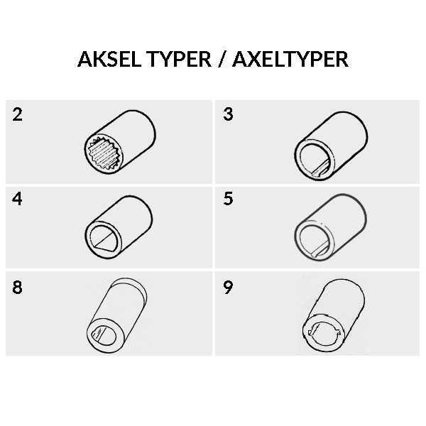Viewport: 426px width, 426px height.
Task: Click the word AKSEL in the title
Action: (x=109, y=59)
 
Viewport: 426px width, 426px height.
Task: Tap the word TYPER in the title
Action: (x=179, y=59)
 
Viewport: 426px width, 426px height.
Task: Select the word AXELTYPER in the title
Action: (x=290, y=59)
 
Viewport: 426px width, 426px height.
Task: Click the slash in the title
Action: (x=222, y=60)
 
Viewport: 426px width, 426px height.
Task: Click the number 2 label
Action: (x=17, y=114)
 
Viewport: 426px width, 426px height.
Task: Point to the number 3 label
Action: (x=228, y=114)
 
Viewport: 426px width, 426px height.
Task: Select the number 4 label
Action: (x=17, y=199)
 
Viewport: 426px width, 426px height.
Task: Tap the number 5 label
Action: (x=228, y=199)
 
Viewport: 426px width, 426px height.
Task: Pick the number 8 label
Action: (x=17, y=287)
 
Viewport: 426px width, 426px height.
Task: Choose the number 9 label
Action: (x=228, y=288)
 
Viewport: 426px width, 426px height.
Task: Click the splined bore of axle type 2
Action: (x=104, y=154)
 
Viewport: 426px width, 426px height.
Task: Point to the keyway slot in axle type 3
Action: (x=321, y=170)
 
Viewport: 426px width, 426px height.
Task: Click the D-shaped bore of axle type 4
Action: (x=104, y=239)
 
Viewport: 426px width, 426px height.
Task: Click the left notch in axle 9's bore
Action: (x=311, y=332)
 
